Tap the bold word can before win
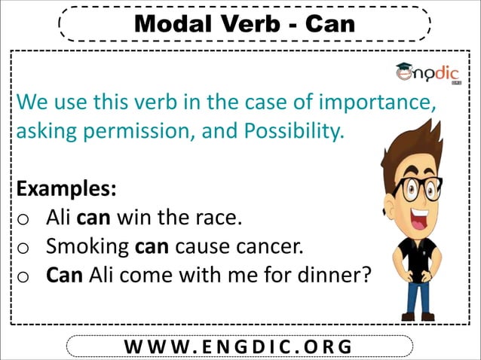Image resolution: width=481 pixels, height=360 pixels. coord(93,218)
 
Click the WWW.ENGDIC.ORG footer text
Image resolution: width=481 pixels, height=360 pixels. coord(240,346)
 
